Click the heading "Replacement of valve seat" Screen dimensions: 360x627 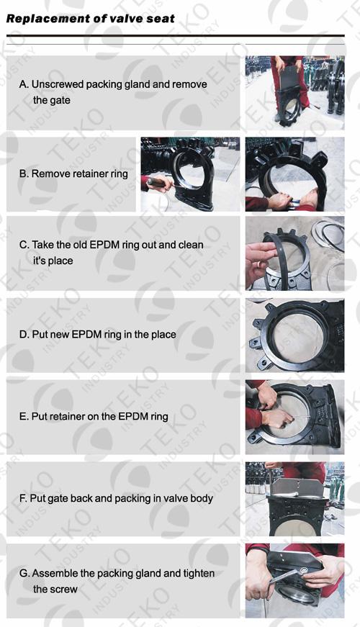91,19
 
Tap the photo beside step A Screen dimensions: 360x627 294,93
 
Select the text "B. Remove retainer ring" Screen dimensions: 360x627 73,174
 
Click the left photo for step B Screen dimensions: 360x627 190,174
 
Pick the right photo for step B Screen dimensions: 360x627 294,174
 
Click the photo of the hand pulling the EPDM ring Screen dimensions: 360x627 294,253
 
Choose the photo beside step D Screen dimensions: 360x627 294,335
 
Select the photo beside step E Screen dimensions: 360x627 294,417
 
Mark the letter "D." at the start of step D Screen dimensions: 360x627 24,335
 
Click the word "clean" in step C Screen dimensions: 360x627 190,245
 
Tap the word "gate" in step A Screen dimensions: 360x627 60,101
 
